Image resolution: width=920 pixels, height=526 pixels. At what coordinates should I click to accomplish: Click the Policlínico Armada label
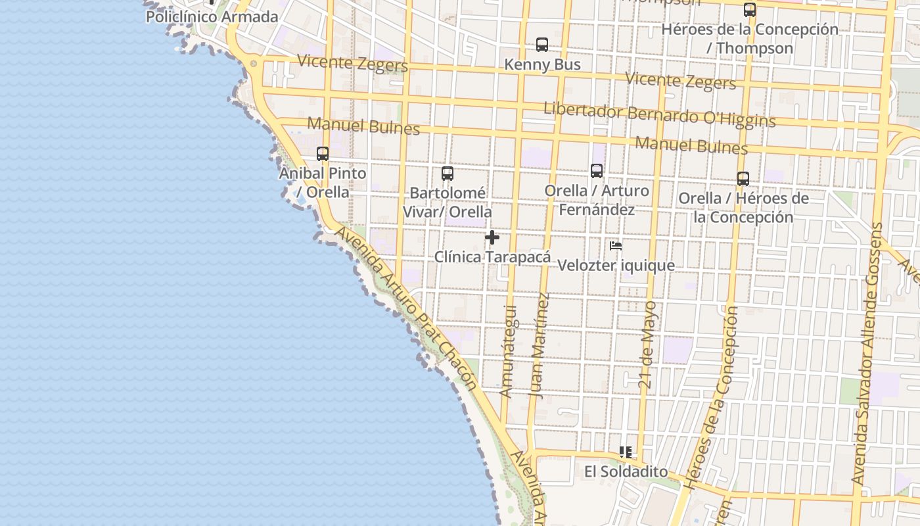tap(212, 17)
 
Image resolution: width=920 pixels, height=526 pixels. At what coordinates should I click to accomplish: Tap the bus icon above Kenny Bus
tap(542, 45)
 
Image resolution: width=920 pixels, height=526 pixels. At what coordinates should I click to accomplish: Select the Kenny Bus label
tap(542, 64)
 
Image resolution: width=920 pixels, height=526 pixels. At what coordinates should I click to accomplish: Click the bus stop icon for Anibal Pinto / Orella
tap(323, 154)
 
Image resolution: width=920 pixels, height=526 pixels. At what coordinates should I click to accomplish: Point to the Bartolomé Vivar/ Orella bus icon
tap(448, 174)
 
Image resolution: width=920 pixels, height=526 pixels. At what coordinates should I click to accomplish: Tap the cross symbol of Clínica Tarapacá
tap(492, 237)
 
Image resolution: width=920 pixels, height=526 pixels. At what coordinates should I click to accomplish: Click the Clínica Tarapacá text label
tap(492, 257)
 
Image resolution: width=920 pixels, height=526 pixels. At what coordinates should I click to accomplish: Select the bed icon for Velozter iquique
tap(616, 246)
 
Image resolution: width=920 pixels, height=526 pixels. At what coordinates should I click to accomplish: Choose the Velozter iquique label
tap(616, 266)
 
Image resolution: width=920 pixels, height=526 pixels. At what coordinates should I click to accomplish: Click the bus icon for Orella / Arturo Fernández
tap(597, 171)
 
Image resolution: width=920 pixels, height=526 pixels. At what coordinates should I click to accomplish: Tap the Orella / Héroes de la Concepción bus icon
tap(743, 179)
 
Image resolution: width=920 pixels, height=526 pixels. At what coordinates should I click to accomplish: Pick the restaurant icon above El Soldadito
tap(626, 452)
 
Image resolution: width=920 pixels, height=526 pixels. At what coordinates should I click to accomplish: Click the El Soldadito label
tap(626, 472)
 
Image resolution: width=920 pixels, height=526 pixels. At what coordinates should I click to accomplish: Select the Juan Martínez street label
tap(539, 345)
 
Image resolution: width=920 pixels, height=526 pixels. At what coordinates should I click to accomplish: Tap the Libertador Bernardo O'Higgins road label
tap(659, 115)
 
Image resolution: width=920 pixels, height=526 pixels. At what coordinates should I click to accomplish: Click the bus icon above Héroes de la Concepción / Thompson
tap(750, 10)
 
